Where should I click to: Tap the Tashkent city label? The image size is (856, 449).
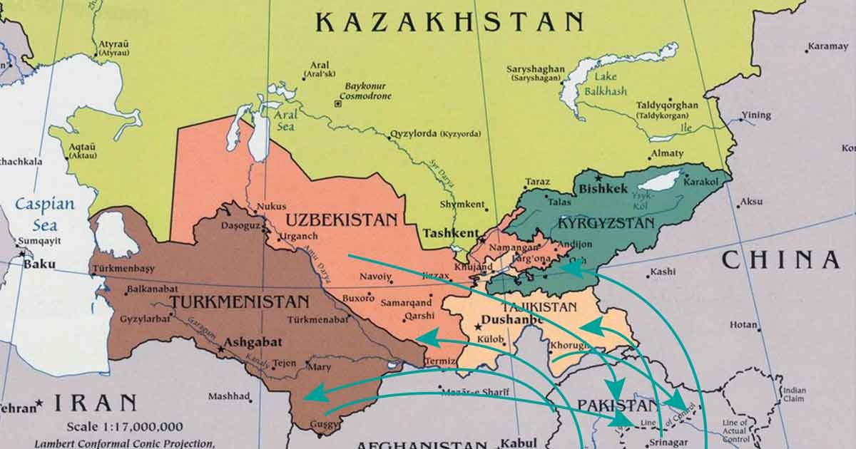click(450, 233)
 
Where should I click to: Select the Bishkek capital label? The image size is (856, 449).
click(603, 190)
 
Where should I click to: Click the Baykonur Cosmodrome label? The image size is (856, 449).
click(365, 89)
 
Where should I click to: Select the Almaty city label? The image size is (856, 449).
click(667, 153)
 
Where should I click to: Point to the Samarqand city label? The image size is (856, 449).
click(407, 301)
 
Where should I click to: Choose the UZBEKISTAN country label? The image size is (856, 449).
click(341, 220)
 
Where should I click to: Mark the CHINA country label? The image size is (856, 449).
click(780, 260)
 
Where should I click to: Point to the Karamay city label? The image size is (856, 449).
click(827, 47)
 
